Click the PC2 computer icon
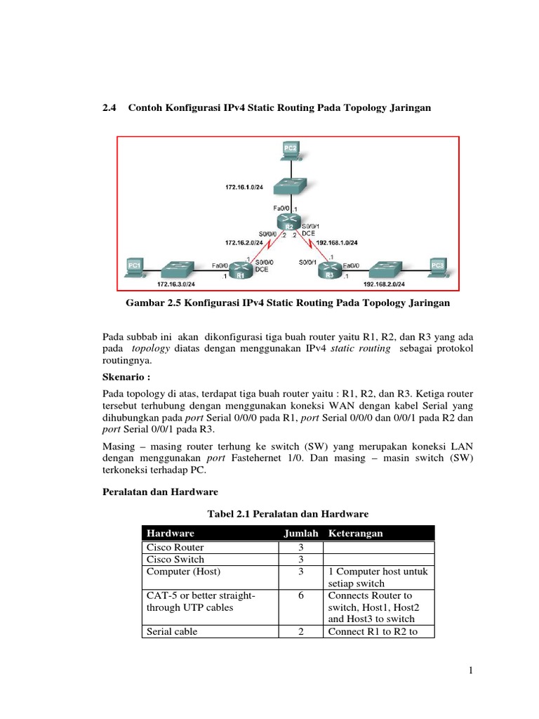(290, 149)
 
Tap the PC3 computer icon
(437, 267)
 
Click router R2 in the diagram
(288, 223)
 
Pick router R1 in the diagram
(240, 271)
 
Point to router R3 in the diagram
(329, 271)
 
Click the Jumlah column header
(300, 534)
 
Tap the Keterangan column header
(355, 534)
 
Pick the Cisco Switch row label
(175, 559)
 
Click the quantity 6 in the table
(300, 595)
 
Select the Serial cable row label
(172, 631)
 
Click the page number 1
(472, 671)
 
